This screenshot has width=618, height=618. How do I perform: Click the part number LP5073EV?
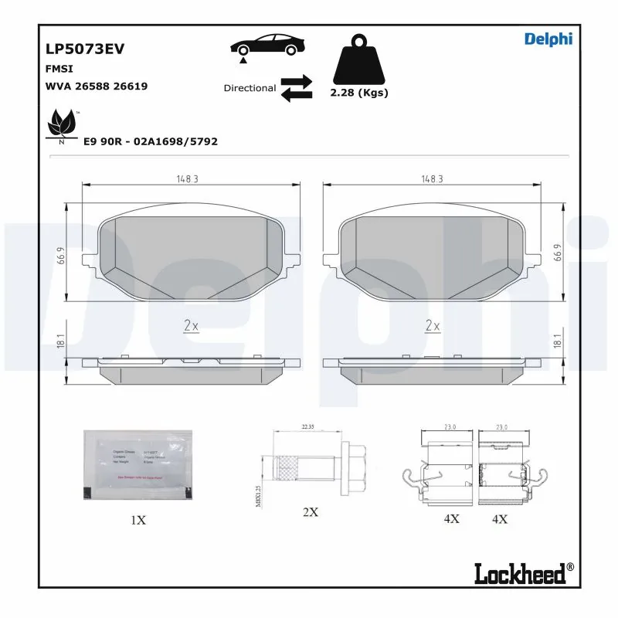click(85, 49)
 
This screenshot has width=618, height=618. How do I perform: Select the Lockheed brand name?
click(523, 572)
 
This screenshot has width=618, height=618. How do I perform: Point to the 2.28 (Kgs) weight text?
click(358, 93)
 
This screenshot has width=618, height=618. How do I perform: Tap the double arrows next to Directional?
click(296, 88)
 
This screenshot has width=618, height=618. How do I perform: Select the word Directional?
click(250, 88)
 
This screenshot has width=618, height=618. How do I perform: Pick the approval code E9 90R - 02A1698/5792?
click(150, 141)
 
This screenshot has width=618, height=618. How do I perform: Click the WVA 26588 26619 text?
click(97, 86)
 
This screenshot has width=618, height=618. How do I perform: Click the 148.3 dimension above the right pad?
click(432, 178)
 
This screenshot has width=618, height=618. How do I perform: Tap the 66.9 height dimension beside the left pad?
click(60, 254)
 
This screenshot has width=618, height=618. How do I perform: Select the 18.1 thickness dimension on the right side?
click(556, 341)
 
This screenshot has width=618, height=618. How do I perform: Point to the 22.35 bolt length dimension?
click(309, 426)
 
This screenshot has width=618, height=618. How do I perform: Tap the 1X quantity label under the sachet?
click(138, 520)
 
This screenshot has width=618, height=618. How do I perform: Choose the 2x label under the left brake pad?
click(192, 326)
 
